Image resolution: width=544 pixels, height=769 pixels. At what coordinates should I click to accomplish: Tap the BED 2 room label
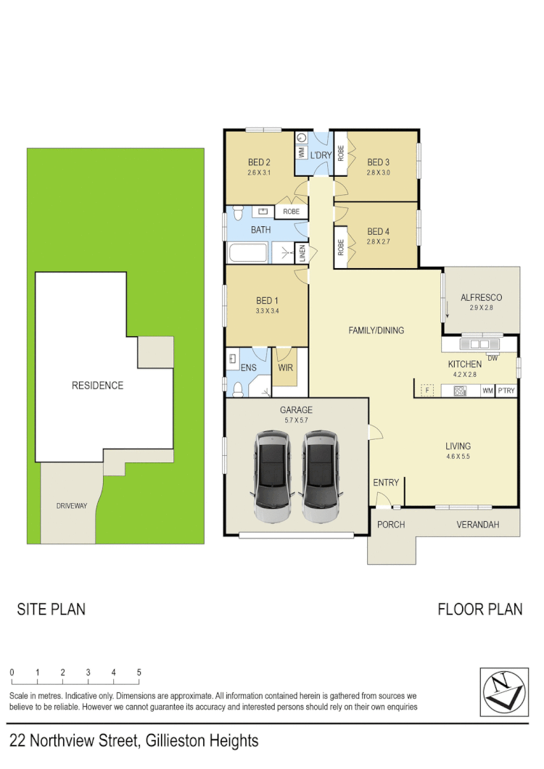259,162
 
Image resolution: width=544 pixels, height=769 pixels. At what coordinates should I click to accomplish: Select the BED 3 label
379,162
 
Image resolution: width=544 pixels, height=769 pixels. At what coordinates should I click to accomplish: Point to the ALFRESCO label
481,298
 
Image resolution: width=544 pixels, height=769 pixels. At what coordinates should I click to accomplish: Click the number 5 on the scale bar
139,673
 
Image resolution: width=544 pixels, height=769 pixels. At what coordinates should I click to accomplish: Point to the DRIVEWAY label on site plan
71,506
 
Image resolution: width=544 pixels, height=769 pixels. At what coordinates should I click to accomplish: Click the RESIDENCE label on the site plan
97,386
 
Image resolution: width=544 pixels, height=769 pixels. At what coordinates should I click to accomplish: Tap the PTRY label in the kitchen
506,391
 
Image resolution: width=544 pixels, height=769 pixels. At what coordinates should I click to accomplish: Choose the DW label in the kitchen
493,357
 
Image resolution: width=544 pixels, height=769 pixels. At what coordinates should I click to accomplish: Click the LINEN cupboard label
302,253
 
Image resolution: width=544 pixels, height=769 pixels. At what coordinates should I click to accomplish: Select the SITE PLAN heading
51,610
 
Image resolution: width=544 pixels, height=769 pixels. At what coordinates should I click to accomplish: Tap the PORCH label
390,525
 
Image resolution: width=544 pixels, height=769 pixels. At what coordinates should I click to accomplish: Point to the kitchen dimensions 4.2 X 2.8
464,375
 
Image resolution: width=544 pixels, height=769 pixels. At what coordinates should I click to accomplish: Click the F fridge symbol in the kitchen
428,391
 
